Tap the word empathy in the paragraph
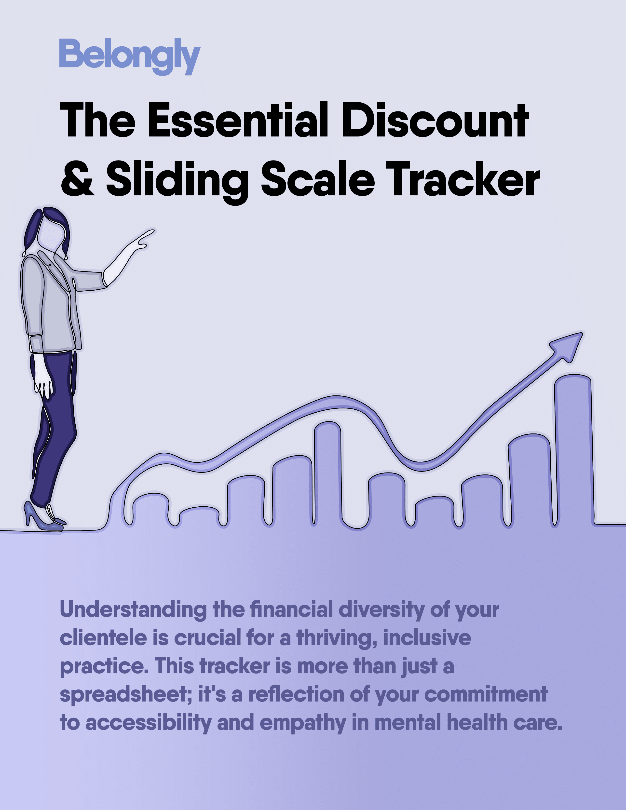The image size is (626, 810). point(303,724)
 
